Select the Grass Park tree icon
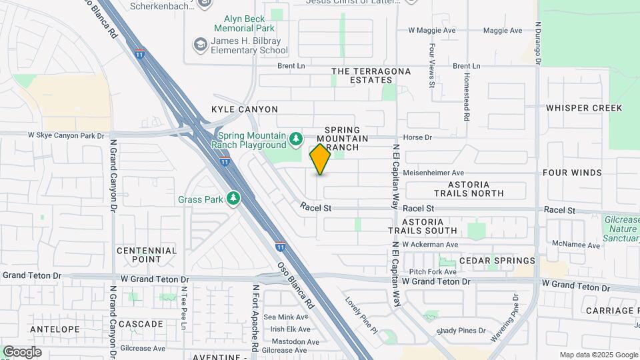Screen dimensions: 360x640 [x=233, y=199]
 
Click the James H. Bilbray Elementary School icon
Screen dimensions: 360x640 [x=199, y=45]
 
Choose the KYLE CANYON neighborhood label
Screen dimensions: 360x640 [x=245, y=109]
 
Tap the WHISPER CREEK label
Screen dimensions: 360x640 [x=584, y=108]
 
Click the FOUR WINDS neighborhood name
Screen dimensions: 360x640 [x=572, y=173]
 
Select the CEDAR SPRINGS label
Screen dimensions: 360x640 [x=497, y=261]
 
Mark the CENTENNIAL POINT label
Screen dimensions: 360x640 [x=147, y=255]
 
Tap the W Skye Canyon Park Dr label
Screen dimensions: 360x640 [x=66, y=135]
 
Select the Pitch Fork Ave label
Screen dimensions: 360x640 [x=433, y=271]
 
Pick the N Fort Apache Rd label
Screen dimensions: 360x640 [x=255, y=318]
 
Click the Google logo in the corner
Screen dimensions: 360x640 [x=22, y=351]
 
